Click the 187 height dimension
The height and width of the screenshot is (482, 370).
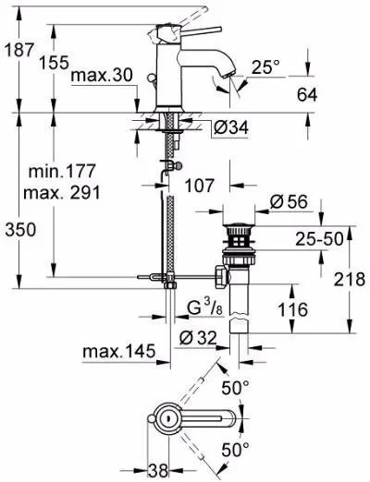19,50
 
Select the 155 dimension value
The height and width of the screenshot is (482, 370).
54,63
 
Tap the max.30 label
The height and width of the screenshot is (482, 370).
102,75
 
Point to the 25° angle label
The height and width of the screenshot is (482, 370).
265,66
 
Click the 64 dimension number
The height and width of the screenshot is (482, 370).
307,95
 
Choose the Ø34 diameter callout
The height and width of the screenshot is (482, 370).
231,127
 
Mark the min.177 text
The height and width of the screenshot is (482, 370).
62,171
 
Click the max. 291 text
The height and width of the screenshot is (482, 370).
62,193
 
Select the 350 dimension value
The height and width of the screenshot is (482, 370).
20,230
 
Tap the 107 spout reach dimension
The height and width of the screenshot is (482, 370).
199,186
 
